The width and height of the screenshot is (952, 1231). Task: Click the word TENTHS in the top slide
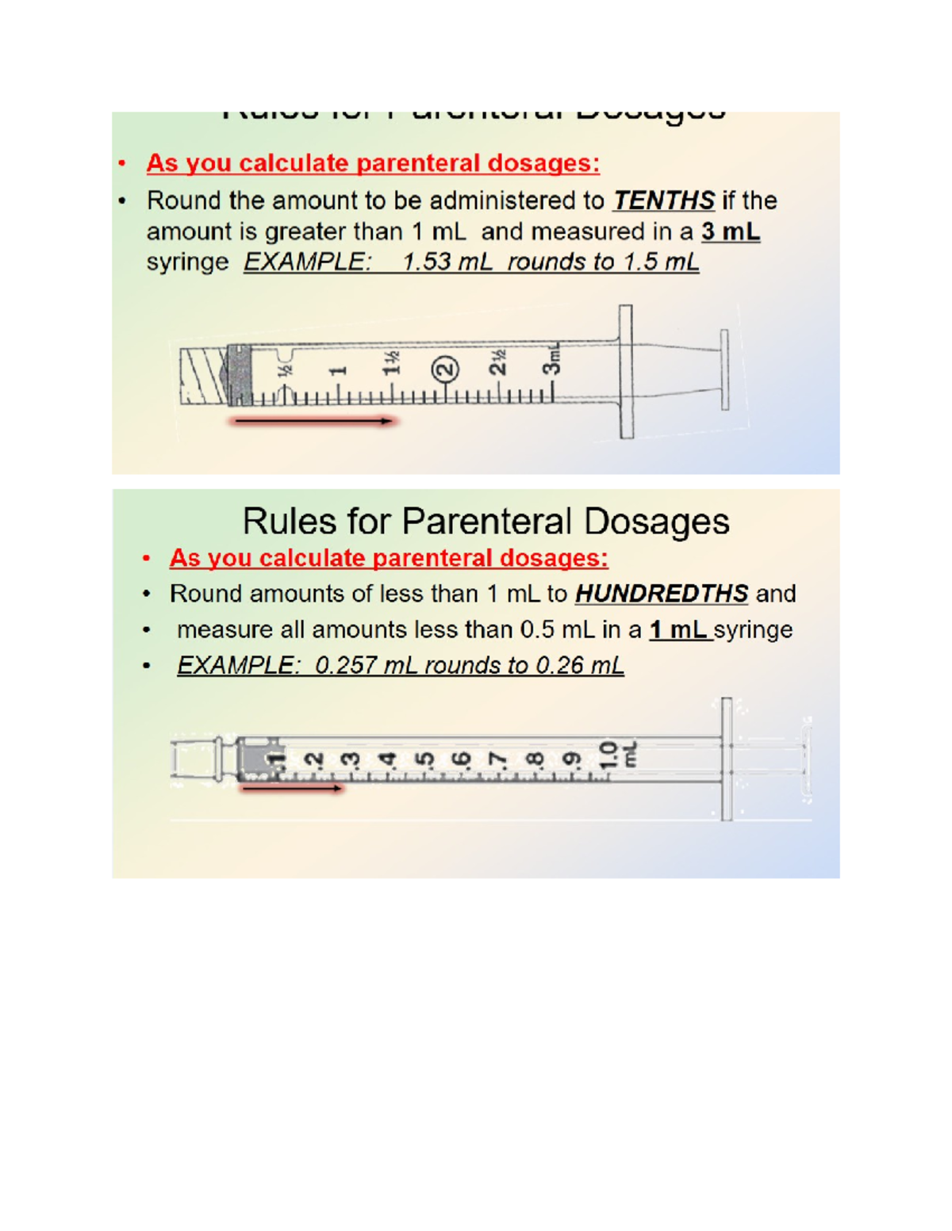(663, 201)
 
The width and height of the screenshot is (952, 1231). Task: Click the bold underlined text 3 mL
(730, 232)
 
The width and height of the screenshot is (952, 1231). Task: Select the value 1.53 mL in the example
(447, 262)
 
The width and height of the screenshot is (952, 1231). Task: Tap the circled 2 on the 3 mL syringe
(446, 369)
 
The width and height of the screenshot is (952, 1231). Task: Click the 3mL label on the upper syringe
(551, 359)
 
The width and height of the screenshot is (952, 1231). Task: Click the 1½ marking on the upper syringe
(392, 365)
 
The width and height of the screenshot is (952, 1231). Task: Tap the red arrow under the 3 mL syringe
(313, 421)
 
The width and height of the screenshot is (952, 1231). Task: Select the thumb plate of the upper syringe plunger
(724, 370)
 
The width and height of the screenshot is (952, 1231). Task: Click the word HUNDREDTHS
(661, 594)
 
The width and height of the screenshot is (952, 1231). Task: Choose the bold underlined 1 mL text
(678, 630)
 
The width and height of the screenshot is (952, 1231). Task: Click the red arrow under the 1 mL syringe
(292, 789)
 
